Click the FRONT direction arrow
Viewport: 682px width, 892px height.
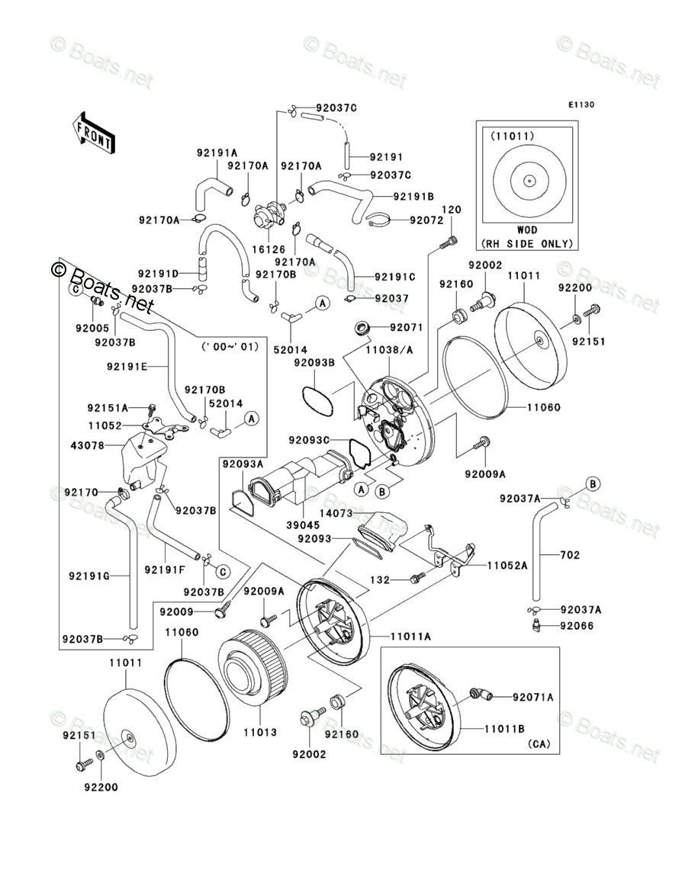(x=94, y=131)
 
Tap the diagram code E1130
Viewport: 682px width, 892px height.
(x=580, y=105)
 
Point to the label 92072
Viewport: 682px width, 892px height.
(x=426, y=220)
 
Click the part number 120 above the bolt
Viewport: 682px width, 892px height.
(x=452, y=210)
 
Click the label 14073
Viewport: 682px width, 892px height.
(x=336, y=515)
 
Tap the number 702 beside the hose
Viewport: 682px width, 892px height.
(x=569, y=555)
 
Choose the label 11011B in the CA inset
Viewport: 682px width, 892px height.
(x=503, y=728)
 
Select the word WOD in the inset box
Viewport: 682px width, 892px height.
(x=526, y=229)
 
